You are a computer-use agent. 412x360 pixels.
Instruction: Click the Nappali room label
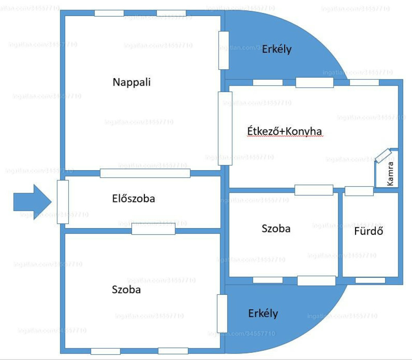(132, 82)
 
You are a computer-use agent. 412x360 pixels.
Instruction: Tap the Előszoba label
(134, 198)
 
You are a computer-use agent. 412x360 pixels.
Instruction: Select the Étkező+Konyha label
(284, 131)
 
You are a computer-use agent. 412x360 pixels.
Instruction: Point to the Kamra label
(390, 174)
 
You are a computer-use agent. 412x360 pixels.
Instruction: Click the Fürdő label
(369, 231)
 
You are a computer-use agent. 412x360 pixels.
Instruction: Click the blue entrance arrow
(33, 202)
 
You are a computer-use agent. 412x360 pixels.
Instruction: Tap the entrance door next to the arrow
(63, 202)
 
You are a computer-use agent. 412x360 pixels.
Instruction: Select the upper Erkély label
(277, 49)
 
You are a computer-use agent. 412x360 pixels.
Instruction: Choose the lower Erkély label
(263, 313)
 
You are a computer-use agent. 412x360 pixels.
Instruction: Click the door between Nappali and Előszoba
(145, 173)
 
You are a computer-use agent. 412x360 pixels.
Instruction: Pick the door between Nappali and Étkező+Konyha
(225, 128)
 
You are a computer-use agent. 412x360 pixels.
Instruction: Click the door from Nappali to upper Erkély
(224, 50)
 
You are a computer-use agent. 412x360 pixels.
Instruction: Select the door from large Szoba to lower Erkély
(222, 314)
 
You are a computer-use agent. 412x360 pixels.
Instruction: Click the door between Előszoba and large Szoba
(153, 228)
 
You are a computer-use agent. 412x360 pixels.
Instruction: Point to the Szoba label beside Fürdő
(276, 228)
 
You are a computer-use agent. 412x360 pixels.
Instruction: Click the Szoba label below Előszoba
(126, 290)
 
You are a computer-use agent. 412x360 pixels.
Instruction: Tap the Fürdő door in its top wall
(359, 191)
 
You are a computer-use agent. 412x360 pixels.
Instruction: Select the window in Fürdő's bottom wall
(370, 280)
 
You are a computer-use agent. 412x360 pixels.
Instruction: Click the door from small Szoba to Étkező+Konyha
(314, 190)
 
